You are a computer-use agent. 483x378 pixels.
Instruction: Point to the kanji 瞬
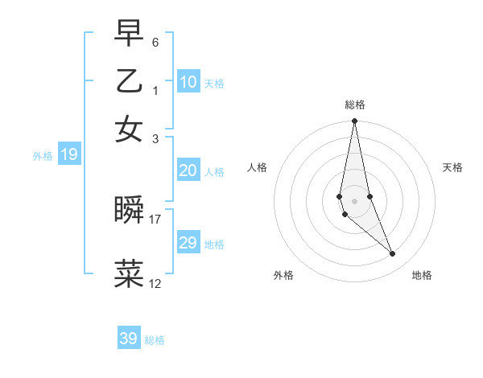[x=130, y=210]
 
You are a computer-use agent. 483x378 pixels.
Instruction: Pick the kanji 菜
[x=130, y=273]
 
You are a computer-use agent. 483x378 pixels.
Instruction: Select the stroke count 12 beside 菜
[x=155, y=283]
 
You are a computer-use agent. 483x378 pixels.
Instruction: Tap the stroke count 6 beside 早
[x=155, y=42]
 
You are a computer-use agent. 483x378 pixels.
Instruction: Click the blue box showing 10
[x=188, y=81]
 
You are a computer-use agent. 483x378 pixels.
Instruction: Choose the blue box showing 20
[x=188, y=171]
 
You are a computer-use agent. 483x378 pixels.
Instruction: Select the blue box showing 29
[x=188, y=243]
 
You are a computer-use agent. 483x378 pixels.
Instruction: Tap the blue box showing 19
[x=68, y=154]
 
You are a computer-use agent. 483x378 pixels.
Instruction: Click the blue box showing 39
[x=128, y=339]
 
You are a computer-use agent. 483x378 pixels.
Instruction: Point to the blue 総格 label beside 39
[x=155, y=340]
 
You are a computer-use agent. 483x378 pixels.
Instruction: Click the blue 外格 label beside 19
[x=43, y=156]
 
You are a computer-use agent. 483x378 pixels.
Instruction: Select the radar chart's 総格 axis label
[x=354, y=105]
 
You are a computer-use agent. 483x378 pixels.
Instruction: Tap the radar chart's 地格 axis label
[x=422, y=275]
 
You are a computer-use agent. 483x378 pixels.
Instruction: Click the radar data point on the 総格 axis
[x=354, y=122]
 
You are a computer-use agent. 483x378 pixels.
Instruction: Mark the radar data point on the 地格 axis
[x=393, y=254]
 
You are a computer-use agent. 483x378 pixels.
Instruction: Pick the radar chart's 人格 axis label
[x=257, y=167]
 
